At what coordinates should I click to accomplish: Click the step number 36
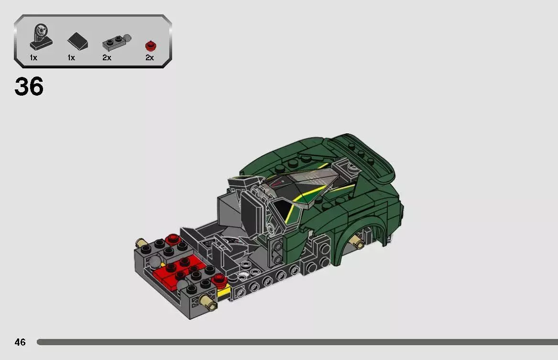point(29,87)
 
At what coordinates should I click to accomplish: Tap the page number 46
point(20,342)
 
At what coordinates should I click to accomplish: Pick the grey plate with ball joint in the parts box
point(116,43)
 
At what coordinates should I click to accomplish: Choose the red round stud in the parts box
point(151,46)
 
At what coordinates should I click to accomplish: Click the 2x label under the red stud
point(150,58)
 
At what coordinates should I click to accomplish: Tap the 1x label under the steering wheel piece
point(33,58)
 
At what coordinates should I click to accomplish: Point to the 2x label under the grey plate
point(107,58)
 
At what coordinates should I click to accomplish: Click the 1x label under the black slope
point(71,58)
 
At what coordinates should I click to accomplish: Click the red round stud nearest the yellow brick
point(219,279)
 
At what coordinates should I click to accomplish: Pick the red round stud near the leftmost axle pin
point(172,239)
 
